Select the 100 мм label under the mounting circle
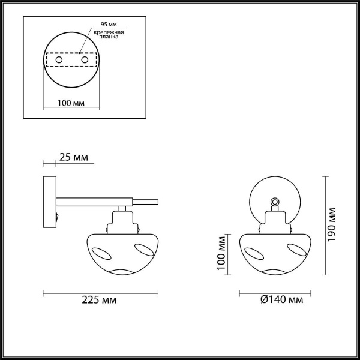pos(70,103)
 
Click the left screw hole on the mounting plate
pos(58,60)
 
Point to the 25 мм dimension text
pos(74,158)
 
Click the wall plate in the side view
pos(49,201)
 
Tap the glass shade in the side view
pos(124,252)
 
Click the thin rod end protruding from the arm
pos(148,202)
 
